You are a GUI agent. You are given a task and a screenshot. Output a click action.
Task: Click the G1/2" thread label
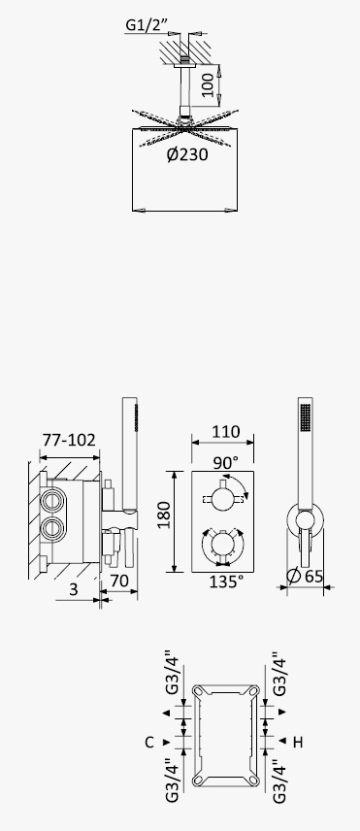click(x=147, y=24)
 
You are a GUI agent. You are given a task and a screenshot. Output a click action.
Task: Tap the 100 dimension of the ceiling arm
click(x=208, y=84)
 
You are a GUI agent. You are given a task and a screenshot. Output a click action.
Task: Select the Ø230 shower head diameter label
click(x=187, y=154)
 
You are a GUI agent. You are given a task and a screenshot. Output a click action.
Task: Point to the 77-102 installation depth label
click(x=69, y=440)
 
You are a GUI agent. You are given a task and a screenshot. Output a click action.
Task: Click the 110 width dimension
click(x=225, y=432)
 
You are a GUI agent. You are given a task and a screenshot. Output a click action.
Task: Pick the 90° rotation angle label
click(x=226, y=463)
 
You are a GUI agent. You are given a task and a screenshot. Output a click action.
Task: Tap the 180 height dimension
click(x=164, y=515)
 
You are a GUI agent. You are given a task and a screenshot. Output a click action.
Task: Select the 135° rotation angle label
click(x=226, y=582)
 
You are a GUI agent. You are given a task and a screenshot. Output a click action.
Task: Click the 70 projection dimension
click(x=119, y=581)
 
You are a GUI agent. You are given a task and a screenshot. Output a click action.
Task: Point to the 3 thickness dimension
click(x=74, y=589)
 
